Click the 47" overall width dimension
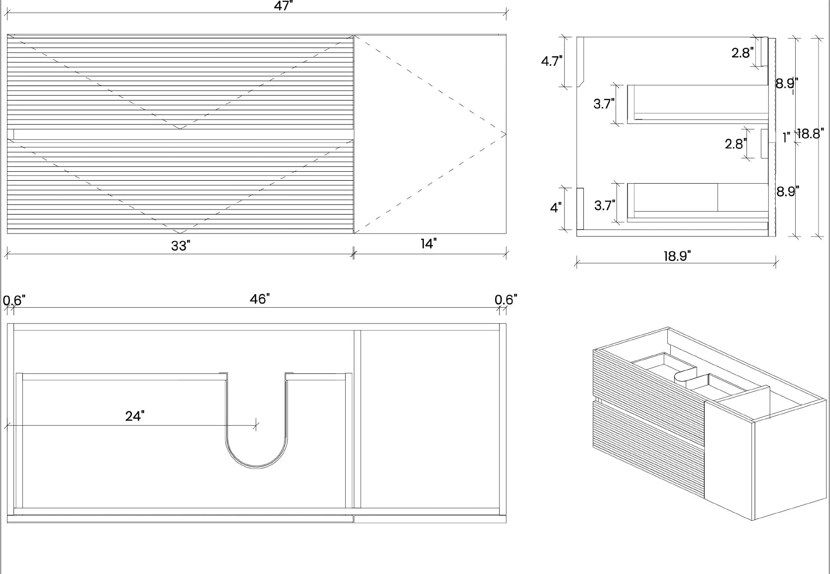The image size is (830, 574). pyautogui.click(x=283, y=6)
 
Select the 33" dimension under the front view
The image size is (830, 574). pyautogui.click(x=181, y=246)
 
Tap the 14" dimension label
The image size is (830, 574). pyautogui.click(x=428, y=244)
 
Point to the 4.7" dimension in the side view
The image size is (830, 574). pyautogui.click(x=551, y=61)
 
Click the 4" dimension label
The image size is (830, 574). pyautogui.click(x=555, y=208)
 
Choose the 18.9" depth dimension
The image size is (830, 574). pyautogui.click(x=677, y=256)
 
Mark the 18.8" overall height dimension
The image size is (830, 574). pyautogui.click(x=811, y=134)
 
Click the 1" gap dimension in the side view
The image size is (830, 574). pyautogui.click(x=786, y=137)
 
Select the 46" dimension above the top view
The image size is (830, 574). pyautogui.click(x=260, y=299)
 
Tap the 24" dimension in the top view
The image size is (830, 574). pyautogui.click(x=135, y=416)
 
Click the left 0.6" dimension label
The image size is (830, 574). pyautogui.click(x=14, y=300)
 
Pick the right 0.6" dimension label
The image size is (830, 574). pyautogui.click(x=506, y=299)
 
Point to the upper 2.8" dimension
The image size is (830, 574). pyautogui.click(x=742, y=53)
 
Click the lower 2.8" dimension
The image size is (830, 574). pyautogui.click(x=735, y=144)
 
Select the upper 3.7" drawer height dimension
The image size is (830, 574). pyautogui.click(x=604, y=104)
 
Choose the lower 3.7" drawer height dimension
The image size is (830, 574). pyautogui.click(x=605, y=205)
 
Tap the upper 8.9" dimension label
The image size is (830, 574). pyautogui.click(x=787, y=83)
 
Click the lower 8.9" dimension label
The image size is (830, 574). pyautogui.click(x=788, y=191)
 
